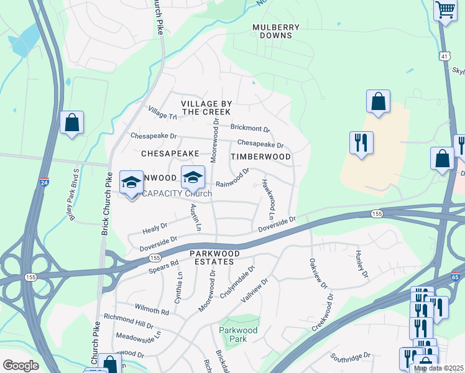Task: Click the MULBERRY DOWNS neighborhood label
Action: click(x=276, y=31)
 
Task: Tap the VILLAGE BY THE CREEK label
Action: click(x=206, y=108)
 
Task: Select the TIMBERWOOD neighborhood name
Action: click(x=260, y=157)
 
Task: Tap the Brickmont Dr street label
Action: click(x=250, y=128)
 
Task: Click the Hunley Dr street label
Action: click(x=362, y=264)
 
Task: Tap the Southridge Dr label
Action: click(x=350, y=358)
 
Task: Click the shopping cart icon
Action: click(x=445, y=11)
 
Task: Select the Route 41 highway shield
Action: click(x=444, y=56)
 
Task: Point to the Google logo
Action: click(x=21, y=366)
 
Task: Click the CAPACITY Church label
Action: click(x=178, y=194)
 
